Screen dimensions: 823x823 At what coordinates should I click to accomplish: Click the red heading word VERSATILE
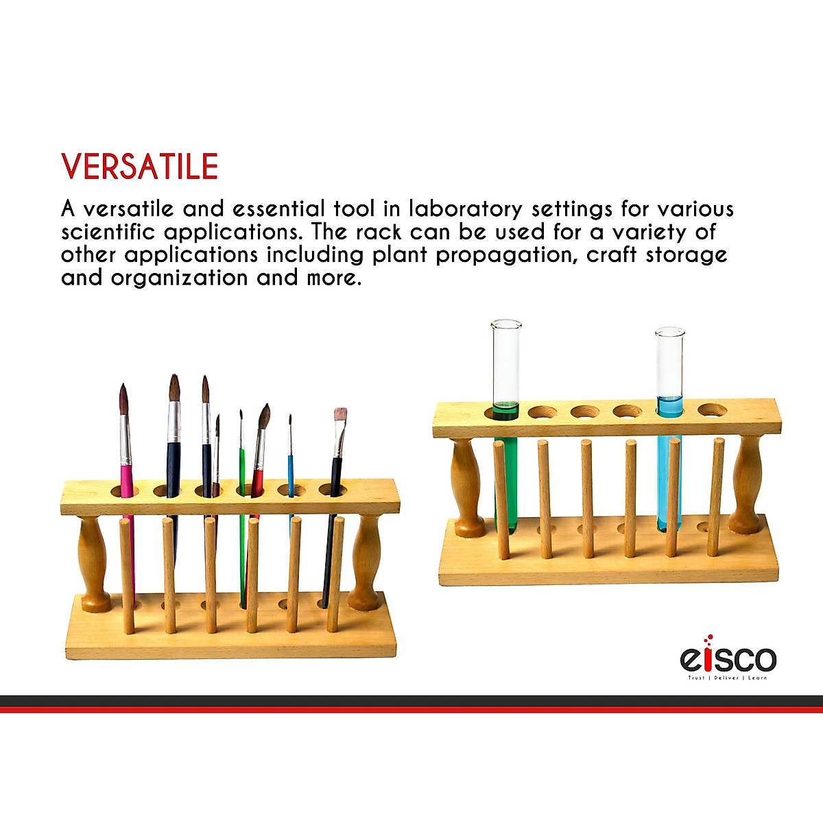tap(140, 167)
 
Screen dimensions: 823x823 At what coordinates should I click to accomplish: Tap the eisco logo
tap(728, 659)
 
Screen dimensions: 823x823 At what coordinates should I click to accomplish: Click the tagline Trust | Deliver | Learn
tap(728, 678)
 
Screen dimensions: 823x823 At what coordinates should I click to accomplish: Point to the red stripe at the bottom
tap(411, 710)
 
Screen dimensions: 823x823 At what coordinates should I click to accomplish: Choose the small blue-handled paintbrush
tap(290, 466)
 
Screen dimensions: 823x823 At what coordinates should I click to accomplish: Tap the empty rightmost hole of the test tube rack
tap(713, 410)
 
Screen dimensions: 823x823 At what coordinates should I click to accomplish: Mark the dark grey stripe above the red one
tap(411, 700)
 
